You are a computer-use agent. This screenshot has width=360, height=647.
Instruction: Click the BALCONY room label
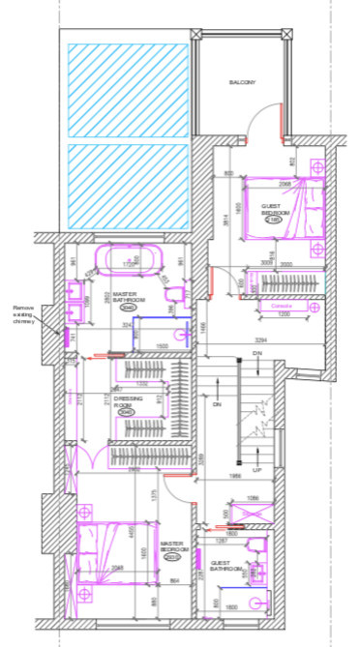click(x=242, y=83)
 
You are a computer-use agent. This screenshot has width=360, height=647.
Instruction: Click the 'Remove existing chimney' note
click(x=22, y=314)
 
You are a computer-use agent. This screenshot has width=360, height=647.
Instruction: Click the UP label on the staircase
click(x=256, y=469)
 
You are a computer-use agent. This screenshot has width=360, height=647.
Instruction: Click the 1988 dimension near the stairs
click(x=236, y=476)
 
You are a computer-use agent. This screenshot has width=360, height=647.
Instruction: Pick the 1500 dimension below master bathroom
click(x=164, y=345)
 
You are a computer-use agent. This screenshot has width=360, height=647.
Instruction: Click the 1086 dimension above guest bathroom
click(x=255, y=498)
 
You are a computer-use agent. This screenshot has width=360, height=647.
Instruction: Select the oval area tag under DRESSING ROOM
click(x=127, y=412)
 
